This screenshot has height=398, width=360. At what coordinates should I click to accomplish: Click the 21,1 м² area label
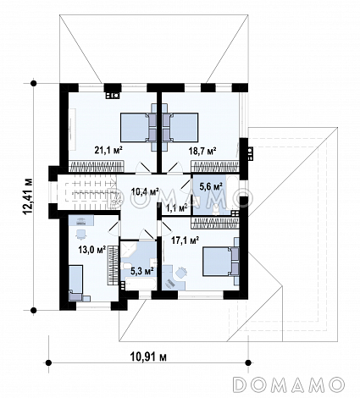click(x=108, y=150)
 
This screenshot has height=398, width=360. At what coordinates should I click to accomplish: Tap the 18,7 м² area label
click(x=202, y=151)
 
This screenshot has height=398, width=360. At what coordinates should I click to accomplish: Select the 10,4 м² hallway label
click(x=145, y=192)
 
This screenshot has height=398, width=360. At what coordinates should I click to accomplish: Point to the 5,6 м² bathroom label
click(x=211, y=186)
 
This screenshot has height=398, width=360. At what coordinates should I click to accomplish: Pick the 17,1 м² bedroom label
click(x=186, y=240)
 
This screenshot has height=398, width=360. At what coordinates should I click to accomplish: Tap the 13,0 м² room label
click(x=92, y=250)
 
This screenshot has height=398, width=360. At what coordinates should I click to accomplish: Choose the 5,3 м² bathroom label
click(x=142, y=272)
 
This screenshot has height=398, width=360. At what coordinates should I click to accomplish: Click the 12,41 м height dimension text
click(x=29, y=196)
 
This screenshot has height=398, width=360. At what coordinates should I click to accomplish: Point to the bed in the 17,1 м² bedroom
click(x=221, y=262)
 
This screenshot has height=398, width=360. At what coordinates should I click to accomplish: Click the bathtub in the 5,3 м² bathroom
click(x=141, y=284)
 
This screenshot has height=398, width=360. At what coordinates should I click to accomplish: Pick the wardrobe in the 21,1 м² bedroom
click(x=97, y=166)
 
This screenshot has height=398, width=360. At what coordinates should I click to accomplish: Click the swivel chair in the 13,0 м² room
click(x=81, y=234)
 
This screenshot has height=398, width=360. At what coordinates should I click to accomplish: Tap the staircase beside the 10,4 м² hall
click(x=91, y=192)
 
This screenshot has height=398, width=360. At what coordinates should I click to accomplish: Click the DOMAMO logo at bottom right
click(x=290, y=384)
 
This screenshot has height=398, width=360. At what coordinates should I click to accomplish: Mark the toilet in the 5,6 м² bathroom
click(x=216, y=209)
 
